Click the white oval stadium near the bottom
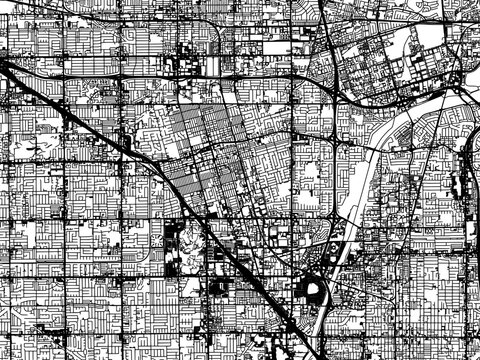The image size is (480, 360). point(313,291)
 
